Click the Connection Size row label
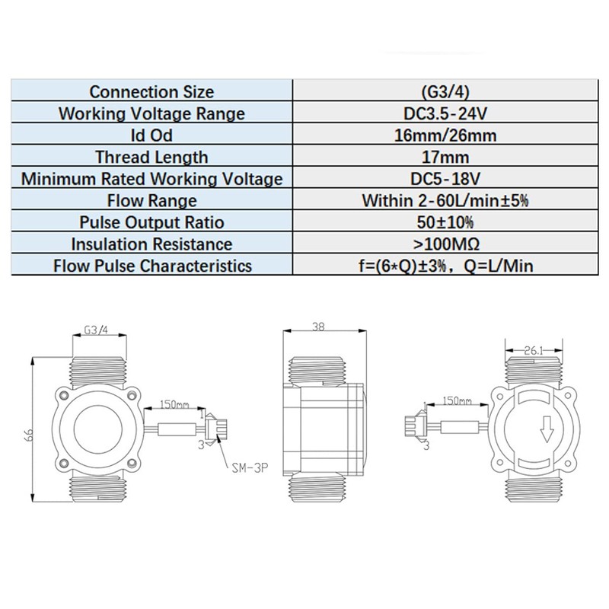151,91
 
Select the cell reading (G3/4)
441,91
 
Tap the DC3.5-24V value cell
441,113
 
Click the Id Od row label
151,136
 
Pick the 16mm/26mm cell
441,136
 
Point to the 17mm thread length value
441,158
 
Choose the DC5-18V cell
441,180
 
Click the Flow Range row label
151,201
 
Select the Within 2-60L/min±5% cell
441,201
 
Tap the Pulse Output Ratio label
151,223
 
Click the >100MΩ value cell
441,244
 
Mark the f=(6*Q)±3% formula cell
441,266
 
